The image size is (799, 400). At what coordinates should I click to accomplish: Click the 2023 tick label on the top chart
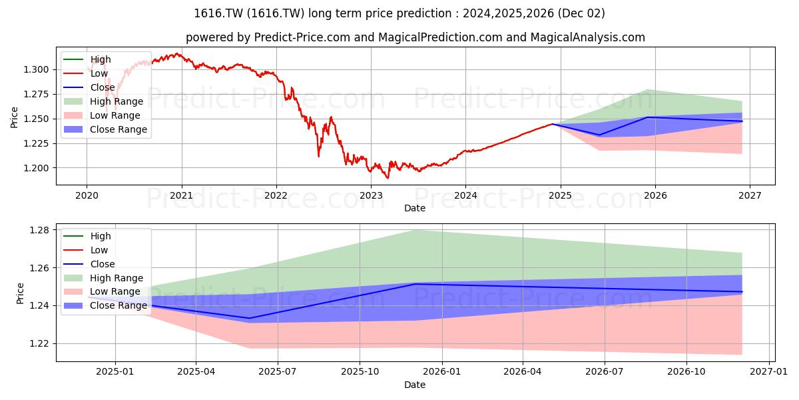371,196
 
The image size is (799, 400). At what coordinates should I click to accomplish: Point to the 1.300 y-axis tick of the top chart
36,69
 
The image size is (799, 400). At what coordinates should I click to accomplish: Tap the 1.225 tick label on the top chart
36,143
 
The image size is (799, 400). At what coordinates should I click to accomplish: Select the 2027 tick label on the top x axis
750,196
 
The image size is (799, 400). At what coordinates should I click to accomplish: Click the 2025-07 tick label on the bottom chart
278,372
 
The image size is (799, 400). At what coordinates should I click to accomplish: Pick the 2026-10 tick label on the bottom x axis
686,372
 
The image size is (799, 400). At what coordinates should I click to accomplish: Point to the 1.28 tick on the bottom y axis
39,231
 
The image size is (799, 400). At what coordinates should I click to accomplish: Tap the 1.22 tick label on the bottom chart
39,344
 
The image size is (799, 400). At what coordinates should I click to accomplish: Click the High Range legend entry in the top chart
103,101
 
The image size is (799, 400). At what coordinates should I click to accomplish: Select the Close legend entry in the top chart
89,87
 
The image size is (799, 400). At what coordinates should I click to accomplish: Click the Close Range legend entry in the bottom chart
105,306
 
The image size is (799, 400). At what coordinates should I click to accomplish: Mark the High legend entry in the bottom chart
87,236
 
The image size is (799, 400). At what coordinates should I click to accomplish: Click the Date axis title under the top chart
415,208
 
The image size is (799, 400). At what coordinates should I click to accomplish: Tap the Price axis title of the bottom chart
20,293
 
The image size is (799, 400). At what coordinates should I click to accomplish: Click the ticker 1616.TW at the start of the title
218,13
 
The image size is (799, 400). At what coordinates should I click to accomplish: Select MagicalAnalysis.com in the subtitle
587,37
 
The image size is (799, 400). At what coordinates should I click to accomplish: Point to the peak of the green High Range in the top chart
648,89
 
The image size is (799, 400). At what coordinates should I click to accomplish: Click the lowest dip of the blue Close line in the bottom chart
249,318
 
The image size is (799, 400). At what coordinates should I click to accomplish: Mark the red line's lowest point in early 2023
388,178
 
